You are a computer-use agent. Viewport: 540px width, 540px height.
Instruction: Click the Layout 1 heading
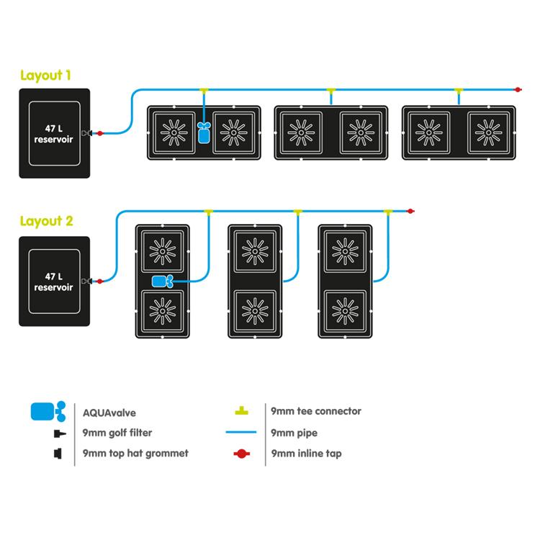click(46, 76)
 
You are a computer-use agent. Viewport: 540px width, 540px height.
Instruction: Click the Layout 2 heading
click(46, 222)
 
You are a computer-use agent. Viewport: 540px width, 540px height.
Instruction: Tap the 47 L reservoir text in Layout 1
click(54, 134)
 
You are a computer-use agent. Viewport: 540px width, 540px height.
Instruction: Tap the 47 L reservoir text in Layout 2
click(54, 282)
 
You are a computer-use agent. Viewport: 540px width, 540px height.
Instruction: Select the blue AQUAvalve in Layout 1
click(204, 132)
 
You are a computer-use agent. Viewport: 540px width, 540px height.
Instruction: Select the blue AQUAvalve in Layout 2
click(161, 282)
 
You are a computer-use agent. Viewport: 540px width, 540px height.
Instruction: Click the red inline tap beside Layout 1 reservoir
click(100, 133)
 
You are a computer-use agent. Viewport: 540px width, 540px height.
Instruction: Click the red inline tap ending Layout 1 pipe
click(516, 90)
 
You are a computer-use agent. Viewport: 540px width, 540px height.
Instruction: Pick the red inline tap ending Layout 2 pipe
click(409, 212)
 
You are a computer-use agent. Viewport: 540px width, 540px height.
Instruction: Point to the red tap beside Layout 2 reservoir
click(100, 281)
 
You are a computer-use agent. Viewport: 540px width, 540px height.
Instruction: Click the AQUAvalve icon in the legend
click(48, 413)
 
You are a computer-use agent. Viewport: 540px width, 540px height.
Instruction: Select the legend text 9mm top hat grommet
click(137, 454)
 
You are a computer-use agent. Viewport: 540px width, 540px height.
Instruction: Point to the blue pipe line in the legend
click(242, 433)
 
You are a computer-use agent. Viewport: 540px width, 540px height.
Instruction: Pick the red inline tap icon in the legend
click(242, 454)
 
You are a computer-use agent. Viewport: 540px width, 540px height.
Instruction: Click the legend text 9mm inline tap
click(305, 454)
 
